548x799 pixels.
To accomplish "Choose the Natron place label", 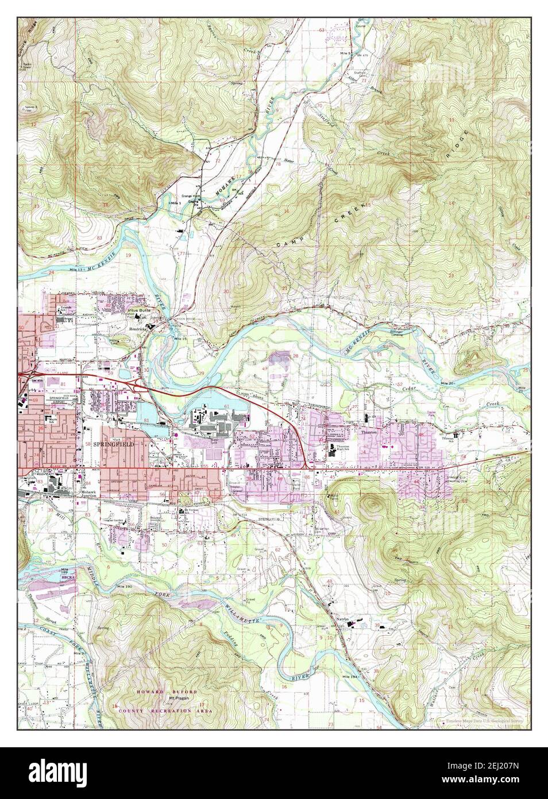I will [344, 619].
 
